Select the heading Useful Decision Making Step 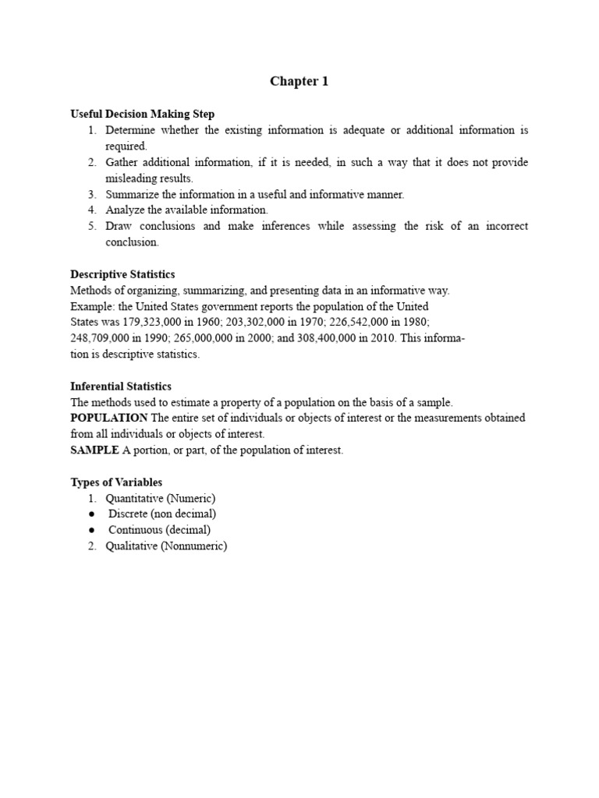[142, 114]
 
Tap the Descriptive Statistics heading [122, 274]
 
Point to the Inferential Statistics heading [121, 387]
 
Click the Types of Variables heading [116, 482]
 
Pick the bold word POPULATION [109, 418]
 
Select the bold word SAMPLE [94, 450]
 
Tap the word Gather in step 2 [122, 162]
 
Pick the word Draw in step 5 [119, 227]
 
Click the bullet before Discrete [92, 514]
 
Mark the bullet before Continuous [92, 531]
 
